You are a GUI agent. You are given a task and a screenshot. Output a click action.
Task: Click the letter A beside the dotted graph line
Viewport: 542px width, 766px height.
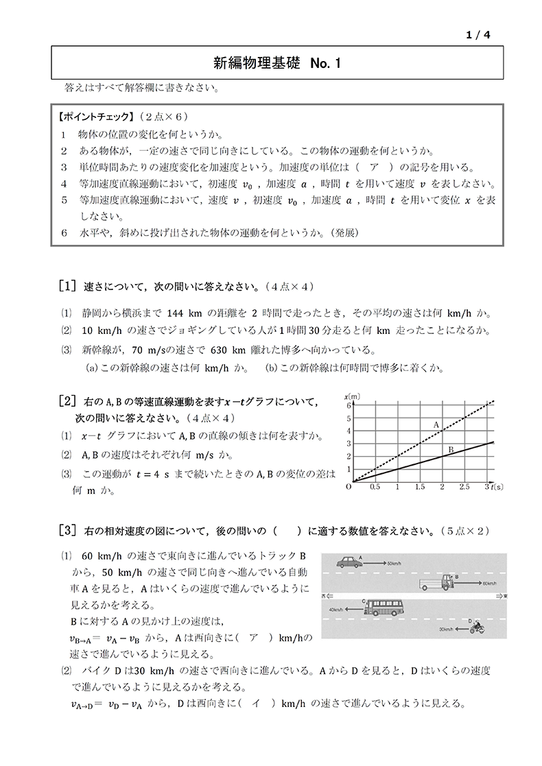tap(436, 425)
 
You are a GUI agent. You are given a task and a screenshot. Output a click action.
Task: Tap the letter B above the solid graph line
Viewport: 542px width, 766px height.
tap(451, 449)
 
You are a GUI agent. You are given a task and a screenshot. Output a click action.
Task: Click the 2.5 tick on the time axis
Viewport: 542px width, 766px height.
tap(464, 487)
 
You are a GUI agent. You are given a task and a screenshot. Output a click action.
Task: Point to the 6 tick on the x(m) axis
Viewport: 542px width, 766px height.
tap(349, 406)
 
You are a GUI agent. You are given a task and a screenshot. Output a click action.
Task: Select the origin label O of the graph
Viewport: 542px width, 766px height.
tap(349, 487)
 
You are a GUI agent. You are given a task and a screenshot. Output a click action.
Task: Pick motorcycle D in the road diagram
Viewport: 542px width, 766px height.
tap(475, 626)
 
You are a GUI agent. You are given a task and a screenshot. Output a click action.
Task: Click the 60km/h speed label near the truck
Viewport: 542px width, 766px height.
tap(488, 584)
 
